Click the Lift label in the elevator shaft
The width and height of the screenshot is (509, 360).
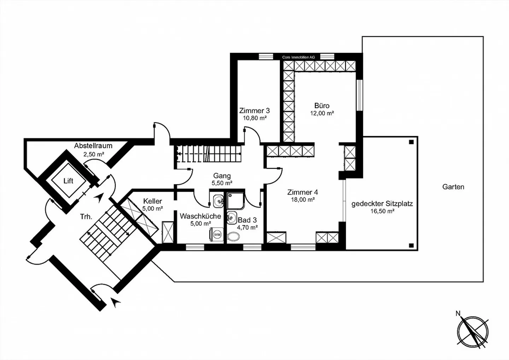(x=68, y=181)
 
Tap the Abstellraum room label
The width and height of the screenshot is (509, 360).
(x=93, y=146)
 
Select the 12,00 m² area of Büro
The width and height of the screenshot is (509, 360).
(x=322, y=114)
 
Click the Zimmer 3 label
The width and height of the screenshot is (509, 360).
(x=254, y=111)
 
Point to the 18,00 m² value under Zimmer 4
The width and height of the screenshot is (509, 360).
(x=302, y=199)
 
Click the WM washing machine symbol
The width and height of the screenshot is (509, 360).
(x=217, y=234)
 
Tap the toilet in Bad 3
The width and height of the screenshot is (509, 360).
(x=233, y=236)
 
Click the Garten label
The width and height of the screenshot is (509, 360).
(x=453, y=187)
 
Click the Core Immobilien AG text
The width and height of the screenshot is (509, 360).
(x=298, y=57)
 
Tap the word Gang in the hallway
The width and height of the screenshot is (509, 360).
(x=222, y=176)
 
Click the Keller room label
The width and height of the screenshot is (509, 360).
(x=152, y=201)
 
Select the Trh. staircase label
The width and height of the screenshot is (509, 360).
(x=86, y=217)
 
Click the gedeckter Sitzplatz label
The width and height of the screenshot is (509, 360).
(x=382, y=204)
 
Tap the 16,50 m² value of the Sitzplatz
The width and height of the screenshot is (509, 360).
(x=382, y=211)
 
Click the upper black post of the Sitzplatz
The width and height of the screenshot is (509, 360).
(x=411, y=142)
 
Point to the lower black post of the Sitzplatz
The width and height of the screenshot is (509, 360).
(x=411, y=245)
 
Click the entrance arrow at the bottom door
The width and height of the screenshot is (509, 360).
(x=116, y=301)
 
